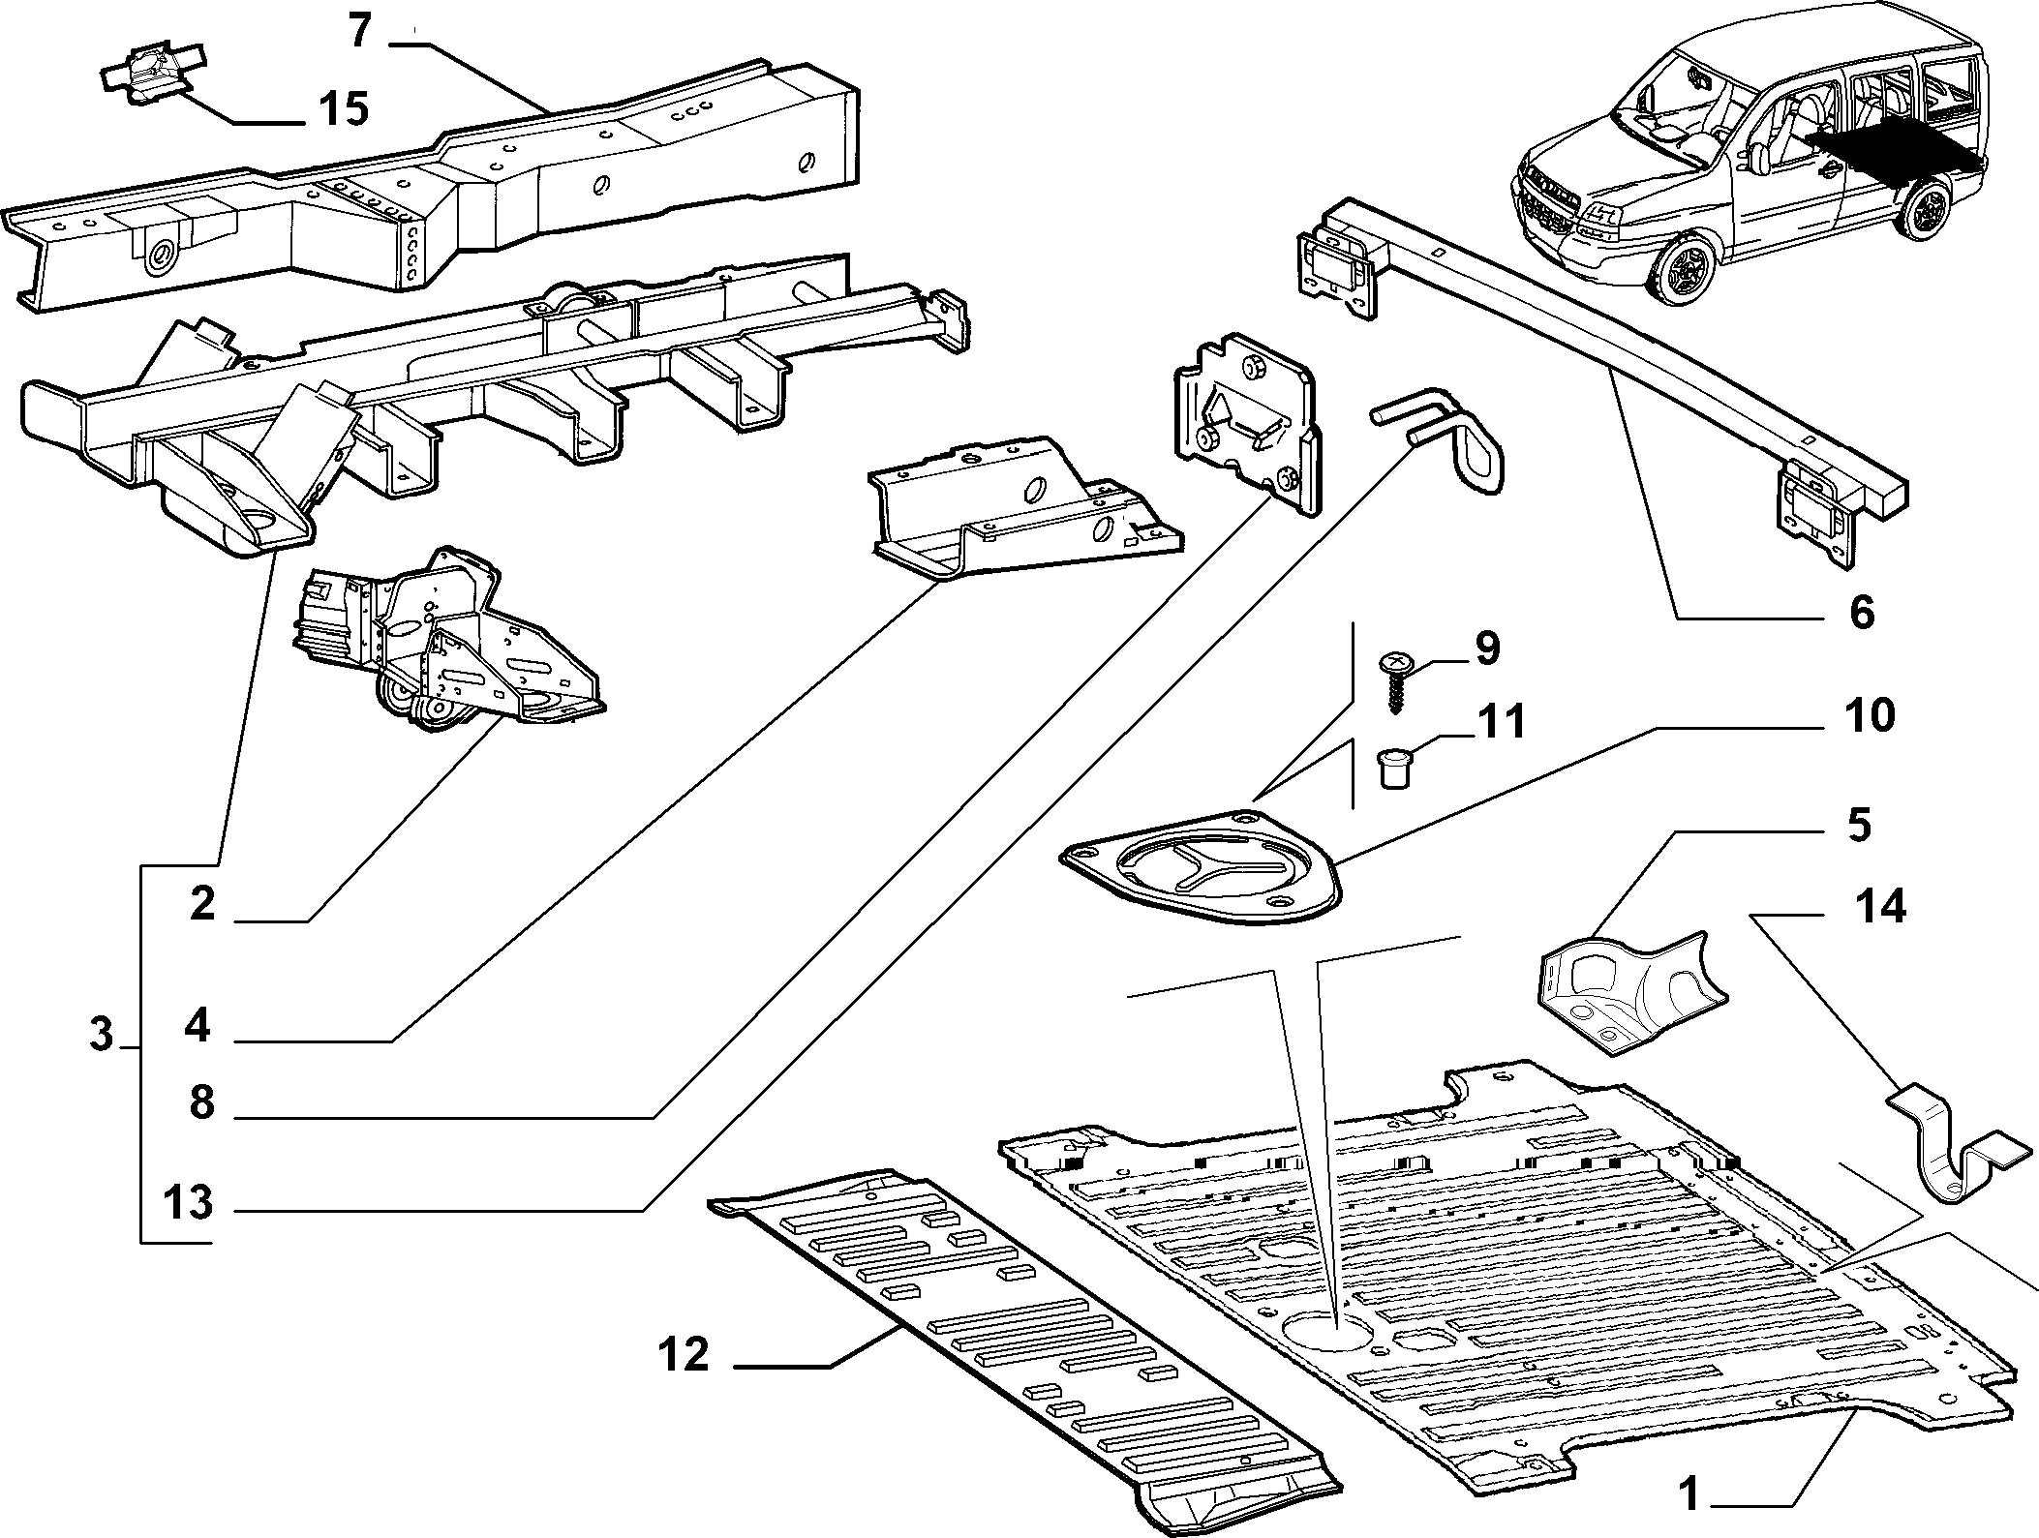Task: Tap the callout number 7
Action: pyautogui.click(x=360, y=32)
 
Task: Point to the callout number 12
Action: pyautogui.click(x=684, y=1354)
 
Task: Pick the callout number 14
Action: pyautogui.click(x=1880, y=907)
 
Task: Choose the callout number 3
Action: pyautogui.click(x=102, y=1035)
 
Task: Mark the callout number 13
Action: pyautogui.click(x=187, y=1203)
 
